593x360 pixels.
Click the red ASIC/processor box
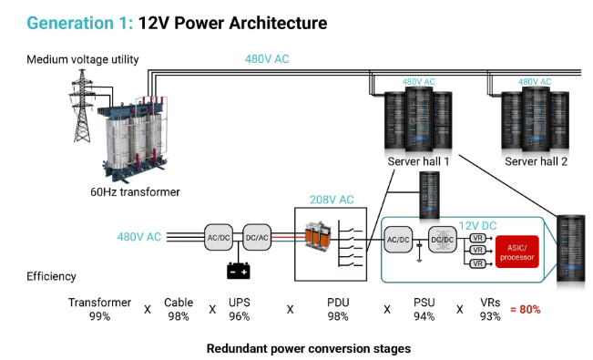click(517, 252)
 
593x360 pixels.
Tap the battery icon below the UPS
click(239, 271)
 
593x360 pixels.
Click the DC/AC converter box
click(257, 237)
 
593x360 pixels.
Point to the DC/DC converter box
click(443, 240)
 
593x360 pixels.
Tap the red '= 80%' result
click(526, 309)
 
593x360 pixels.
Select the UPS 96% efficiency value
click(239, 316)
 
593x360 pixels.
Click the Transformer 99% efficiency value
click(99, 316)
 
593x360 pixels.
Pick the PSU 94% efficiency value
click(424, 316)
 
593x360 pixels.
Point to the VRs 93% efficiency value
click(490, 316)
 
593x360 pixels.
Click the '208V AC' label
click(332, 200)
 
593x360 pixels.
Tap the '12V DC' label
click(477, 226)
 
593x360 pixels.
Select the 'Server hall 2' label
click(536, 161)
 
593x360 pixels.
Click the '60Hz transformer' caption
click(135, 192)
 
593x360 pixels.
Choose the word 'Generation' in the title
click(70, 23)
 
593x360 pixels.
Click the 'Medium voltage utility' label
click(83, 59)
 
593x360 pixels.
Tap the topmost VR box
click(477, 238)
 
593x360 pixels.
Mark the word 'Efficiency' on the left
click(51, 276)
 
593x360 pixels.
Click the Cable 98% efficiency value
click(179, 316)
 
